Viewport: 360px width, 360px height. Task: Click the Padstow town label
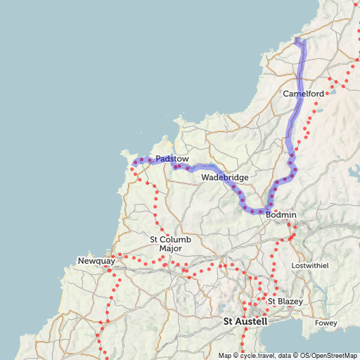click(x=172, y=159)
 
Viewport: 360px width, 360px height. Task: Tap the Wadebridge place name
click(x=225, y=178)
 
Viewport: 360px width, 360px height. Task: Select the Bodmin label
click(x=281, y=214)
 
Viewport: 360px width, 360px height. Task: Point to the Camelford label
click(x=303, y=94)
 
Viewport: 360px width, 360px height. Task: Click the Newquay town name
click(x=96, y=262)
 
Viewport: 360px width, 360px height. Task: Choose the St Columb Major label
click(x=171, y=244)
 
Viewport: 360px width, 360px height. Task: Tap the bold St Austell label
click(x=245, y=321)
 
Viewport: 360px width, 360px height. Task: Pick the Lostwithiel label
click(x=310, y=265)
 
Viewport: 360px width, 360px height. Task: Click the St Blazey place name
click(x=285, y=302)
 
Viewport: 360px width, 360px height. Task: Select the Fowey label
click(x=326, y=323)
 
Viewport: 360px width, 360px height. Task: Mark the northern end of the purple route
click(x=297, y=39)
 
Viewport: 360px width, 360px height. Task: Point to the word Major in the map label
click(x=171, y=249)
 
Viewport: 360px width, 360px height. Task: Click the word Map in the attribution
click(x=225, y=355)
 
